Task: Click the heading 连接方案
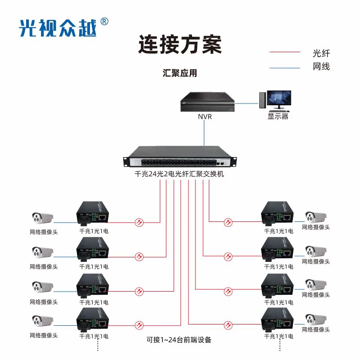pyautogui.click(x=180, y=45)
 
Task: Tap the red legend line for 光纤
pyautogui.click(x=284, y=52)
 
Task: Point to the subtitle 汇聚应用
pyautogui.click(x=180, y=73)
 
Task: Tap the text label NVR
pyautogui.click(x=205, y=117)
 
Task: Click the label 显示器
pyautogui.click(x=278, y=117)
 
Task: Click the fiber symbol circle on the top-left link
pyautogui.click(x=139, y=222)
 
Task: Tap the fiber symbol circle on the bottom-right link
pyautogui.click(x=229, y=324)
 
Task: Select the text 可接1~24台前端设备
pyautogui.click(x=179, y=340)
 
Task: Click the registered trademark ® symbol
pyautogui.click(x=104, y=22)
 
